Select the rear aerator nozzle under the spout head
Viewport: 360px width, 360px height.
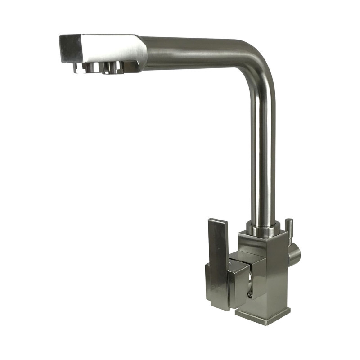pos(112,67)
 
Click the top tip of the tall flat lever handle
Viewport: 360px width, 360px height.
pos(220,222)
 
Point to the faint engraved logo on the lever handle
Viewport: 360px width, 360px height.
pos(213,284)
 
